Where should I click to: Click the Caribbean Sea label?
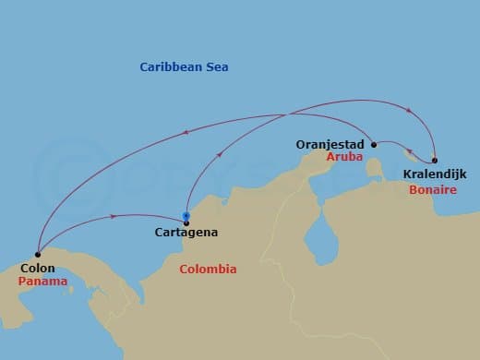pos(184,67)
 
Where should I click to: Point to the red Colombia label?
pos(208,269)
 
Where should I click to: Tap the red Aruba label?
pos(344,158)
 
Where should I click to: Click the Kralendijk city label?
pos(434,174)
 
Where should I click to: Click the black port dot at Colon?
pos(37,254)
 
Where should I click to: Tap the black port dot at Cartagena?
pos(186,222)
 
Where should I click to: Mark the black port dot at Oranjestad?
pos(373,144)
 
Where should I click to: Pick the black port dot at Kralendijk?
pos(434,160)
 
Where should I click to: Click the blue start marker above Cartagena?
pos(186,215)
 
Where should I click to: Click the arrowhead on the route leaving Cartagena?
pos(219,156)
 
